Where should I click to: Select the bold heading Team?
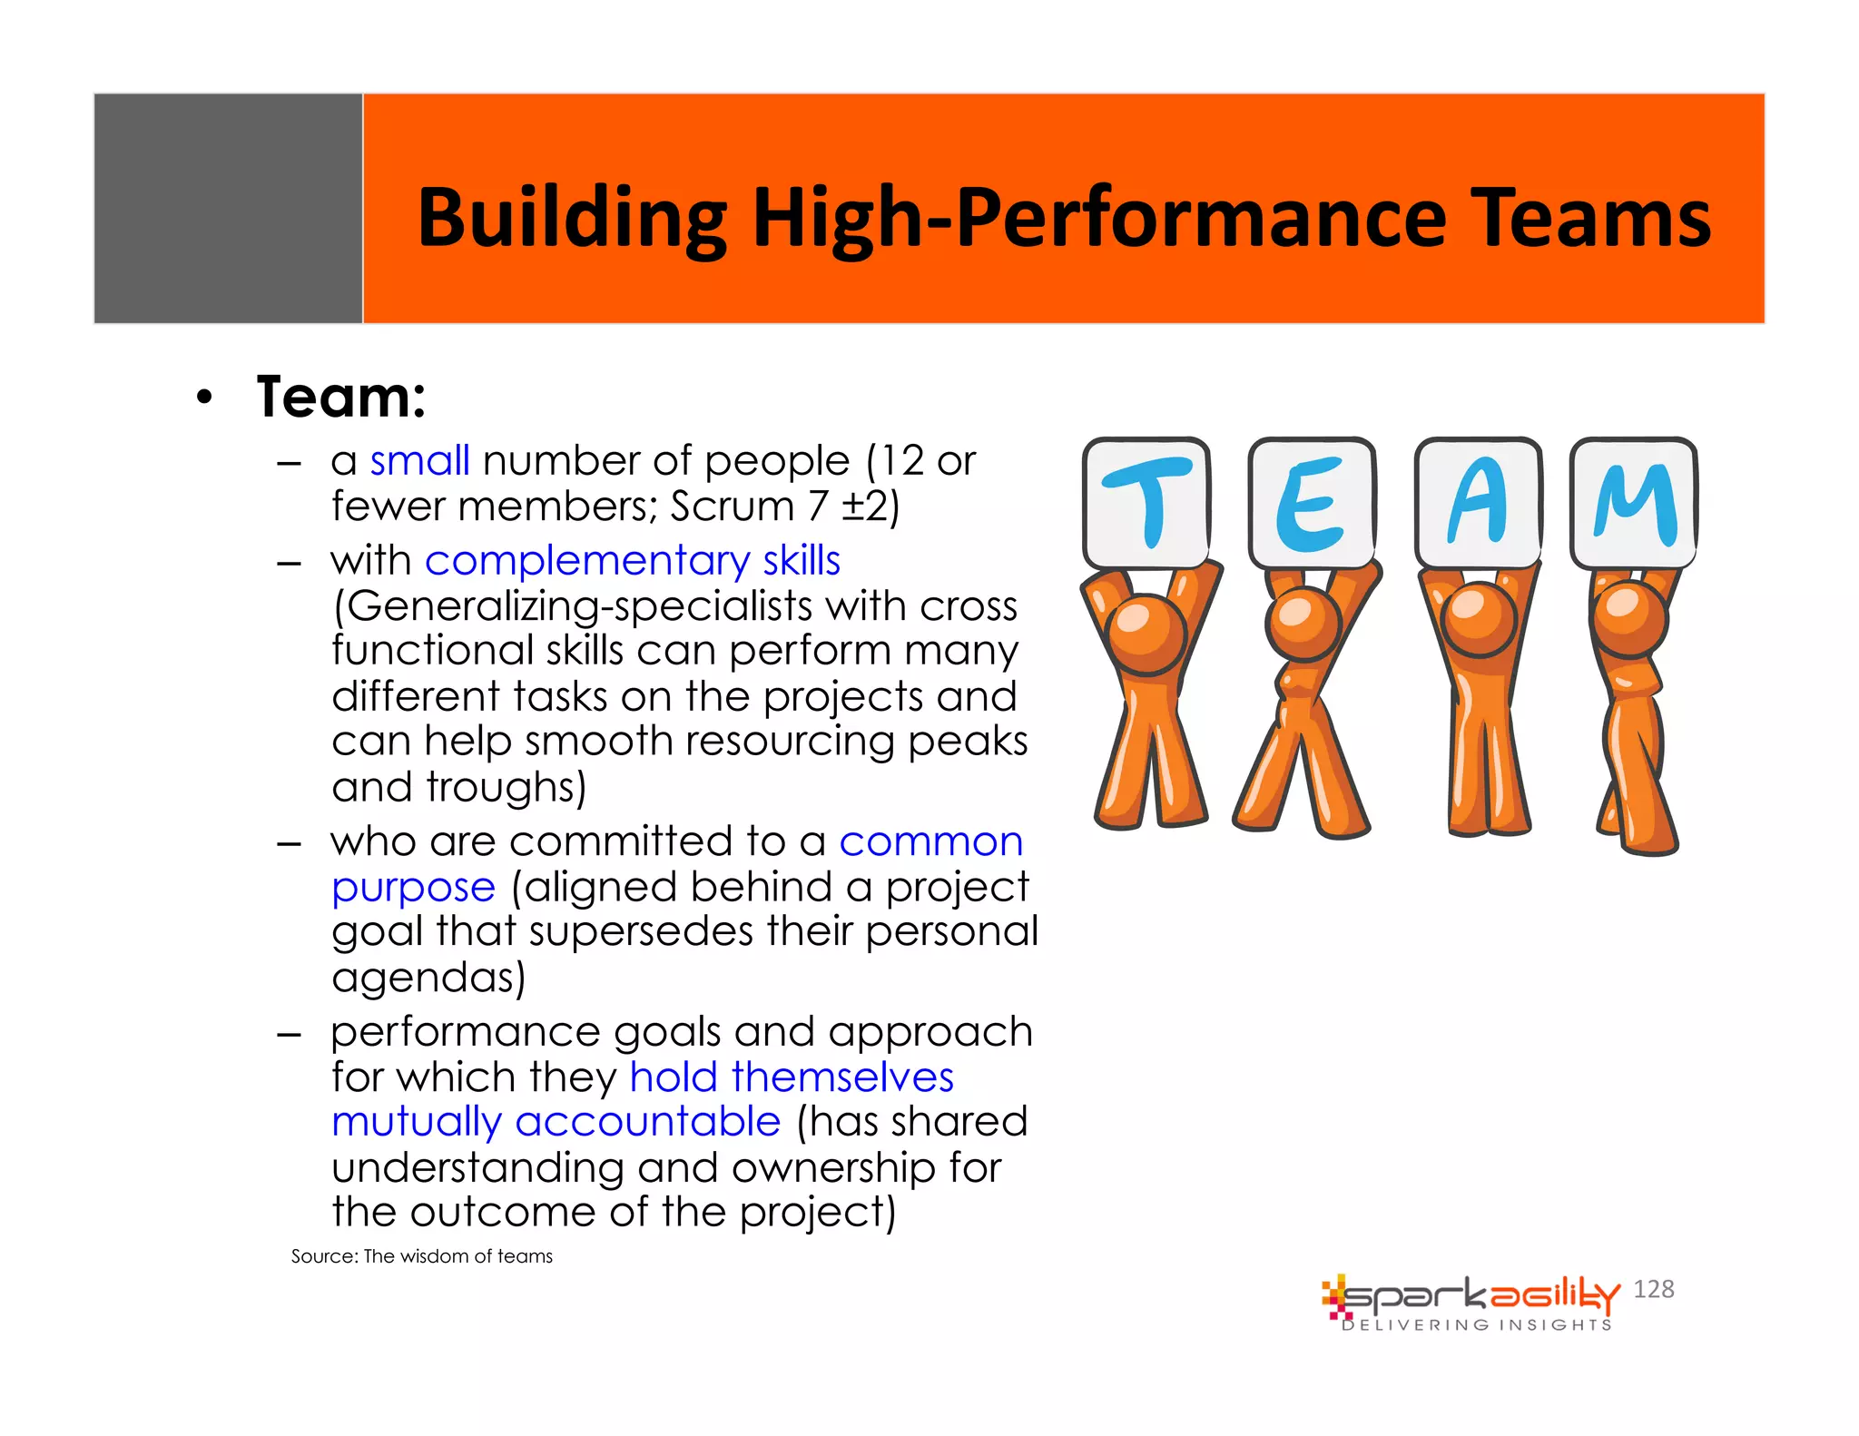341,397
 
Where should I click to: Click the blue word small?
419,461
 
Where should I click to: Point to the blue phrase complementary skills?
633,560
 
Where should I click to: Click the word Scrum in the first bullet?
732,506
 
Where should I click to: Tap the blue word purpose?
413,887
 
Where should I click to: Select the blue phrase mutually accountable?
556,1122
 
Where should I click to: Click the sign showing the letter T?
1146,502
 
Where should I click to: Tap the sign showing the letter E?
1312,502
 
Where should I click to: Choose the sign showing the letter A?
1478,502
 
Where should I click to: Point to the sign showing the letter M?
1634,502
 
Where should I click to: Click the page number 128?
1653,1289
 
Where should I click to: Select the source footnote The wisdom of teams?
421,1256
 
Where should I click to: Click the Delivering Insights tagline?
1477,1325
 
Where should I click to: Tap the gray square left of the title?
228,208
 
